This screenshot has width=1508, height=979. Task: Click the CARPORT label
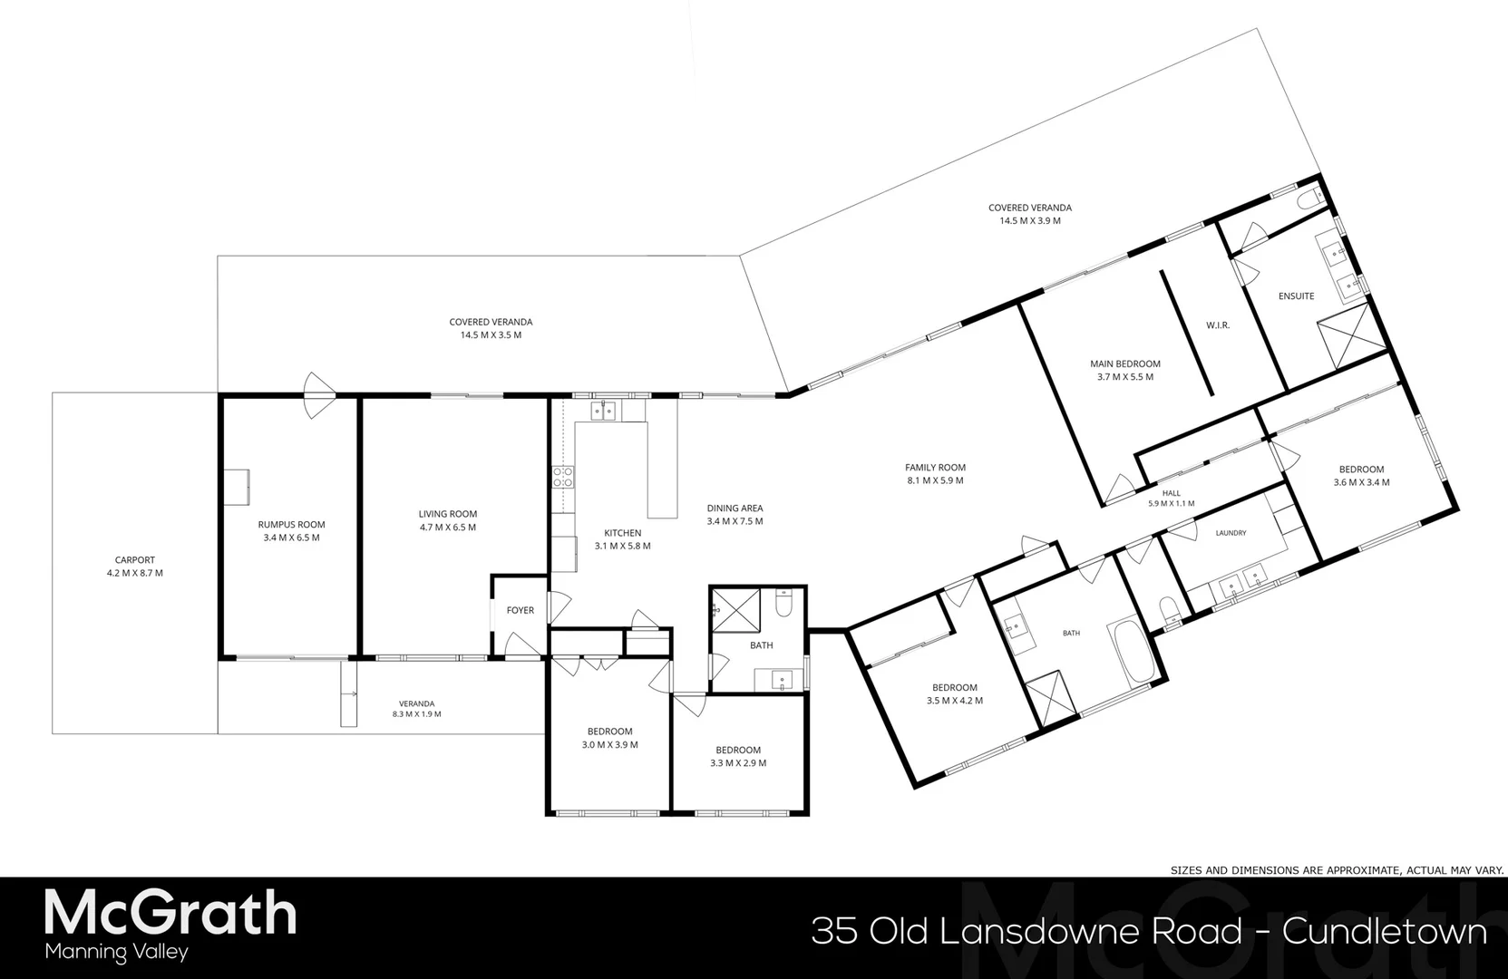click(134, 560)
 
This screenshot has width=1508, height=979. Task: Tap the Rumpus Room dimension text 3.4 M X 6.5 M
click(291, 538)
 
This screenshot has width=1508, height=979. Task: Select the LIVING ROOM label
click(448, 514)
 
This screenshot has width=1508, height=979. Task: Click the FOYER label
click(521, 610)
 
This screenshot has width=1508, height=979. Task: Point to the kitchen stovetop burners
click(563, 477)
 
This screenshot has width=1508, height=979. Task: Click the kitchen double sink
click(603, 411)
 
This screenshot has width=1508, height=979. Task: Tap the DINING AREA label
click(735, 508)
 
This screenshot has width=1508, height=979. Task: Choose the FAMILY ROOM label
click(935, 467)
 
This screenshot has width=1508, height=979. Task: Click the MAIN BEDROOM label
click(1125, 364)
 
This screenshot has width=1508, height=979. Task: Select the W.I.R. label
click(1218, 325)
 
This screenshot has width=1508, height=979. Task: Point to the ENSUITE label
click(1297, 296)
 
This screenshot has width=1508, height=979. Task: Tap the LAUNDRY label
click(1231, 533)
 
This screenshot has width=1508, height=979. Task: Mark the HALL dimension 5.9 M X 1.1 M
click(1172, 503)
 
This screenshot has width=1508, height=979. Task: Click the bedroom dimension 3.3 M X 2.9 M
click(738, 763)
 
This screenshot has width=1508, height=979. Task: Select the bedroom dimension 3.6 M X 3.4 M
click(1361, 481)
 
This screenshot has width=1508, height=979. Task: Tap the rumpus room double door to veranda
click(319, 395)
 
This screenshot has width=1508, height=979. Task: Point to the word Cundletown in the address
click(1385, 932)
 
